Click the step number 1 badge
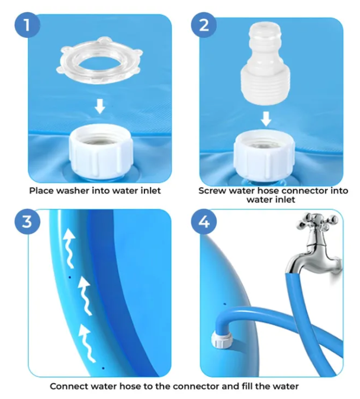pyautogui.click(x=26, y=25)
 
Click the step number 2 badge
pyautogui.click(x=204, y=25)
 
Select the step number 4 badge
pyautogui.click(x=204, y=222)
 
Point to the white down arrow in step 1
pyautogui.click(x=100, y=107)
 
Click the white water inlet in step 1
pyautogui.click(x=99, y=151)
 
